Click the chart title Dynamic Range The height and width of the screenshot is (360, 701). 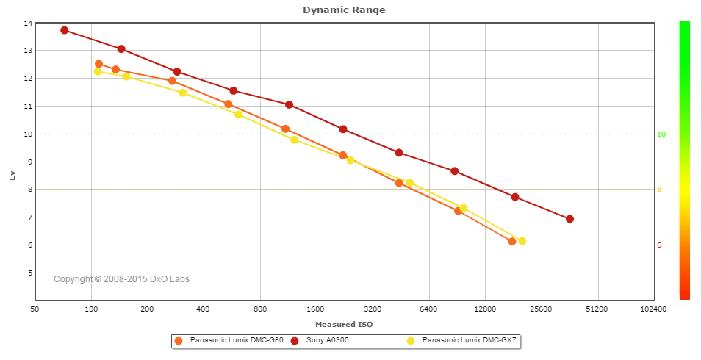pyautogui.click(x=344, y=10)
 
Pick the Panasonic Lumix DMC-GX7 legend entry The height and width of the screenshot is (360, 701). pyautogui.click(x=470, y=341)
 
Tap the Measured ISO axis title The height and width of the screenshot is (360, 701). pyautogui.click(x=344, y=324)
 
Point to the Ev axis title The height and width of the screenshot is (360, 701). pyautogui.click(x=11, y=175)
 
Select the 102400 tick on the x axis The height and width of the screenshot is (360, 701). pyautogui.click(x=653, y=310)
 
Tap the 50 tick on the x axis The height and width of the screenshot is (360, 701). pyautogui.click(x=35, y=310)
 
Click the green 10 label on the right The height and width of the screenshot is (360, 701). pyautogui.click(x=661, y=134)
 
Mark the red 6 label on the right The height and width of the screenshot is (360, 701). pyautogui.click(x=659, y=245)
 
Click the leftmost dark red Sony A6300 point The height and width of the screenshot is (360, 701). pyautogui.click(x=65, y=30)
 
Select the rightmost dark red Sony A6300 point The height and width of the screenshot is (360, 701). pyautogui.click(x=569, y=219)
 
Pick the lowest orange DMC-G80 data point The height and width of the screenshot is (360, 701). pyautogui.click(x=512, y=241)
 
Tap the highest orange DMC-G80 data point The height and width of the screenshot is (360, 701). pyautogui.click(x=98, y=64)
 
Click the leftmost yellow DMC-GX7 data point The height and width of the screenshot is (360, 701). pyautogui.click(x=97, y=71)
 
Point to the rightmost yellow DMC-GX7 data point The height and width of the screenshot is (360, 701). pyautogui.click(x=522, y=241)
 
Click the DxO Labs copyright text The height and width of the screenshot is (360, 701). pyautogui.click(x=121, y=279)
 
